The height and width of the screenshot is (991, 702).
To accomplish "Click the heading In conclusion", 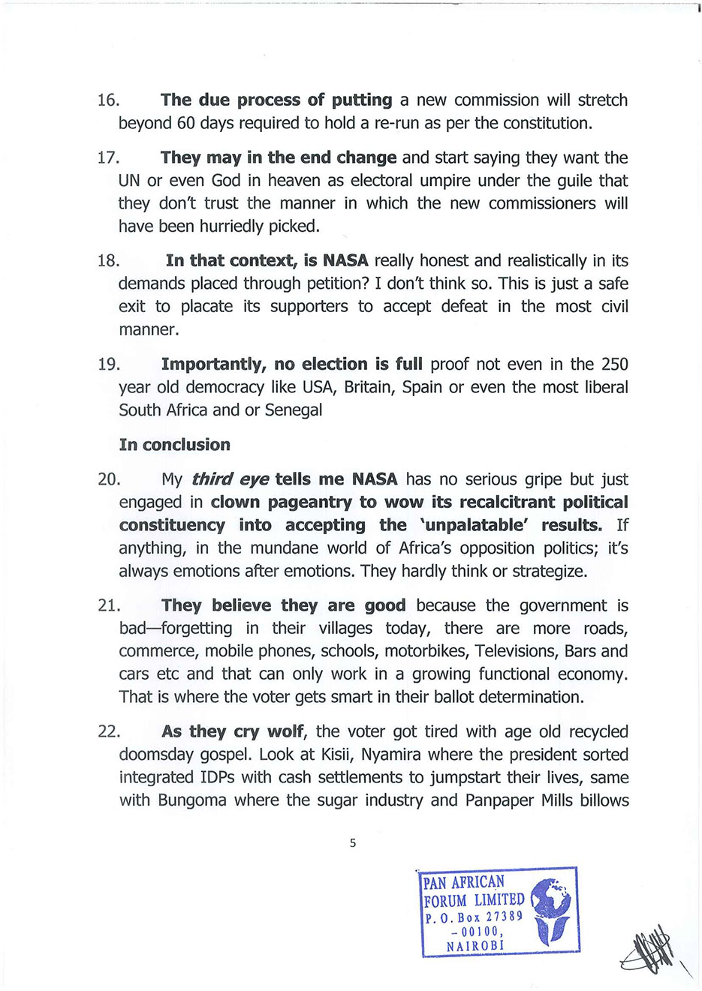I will click(x=174, y=445).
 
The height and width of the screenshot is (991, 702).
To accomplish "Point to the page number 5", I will click(x=353, y=843).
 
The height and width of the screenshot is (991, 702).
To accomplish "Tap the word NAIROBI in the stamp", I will click(x=475, y=946).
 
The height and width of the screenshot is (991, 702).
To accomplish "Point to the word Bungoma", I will click(x=191, y=800).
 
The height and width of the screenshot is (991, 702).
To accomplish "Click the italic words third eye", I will click(x=230, y=479).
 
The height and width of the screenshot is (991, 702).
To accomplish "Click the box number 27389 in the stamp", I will click(x=504, y=917).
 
